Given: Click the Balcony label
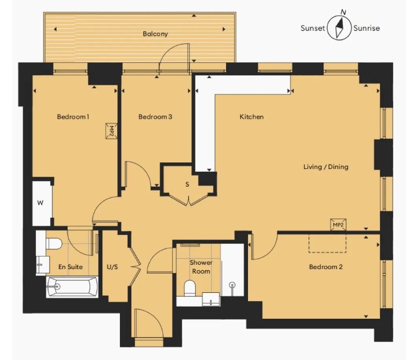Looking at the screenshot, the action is point(155,34).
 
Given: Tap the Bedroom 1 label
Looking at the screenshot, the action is point(73,117).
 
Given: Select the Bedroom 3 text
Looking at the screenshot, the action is point(155,117).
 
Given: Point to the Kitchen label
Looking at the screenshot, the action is point(251,117).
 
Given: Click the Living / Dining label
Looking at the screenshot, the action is point(326,167).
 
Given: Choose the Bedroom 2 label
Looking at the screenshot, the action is point(326,267).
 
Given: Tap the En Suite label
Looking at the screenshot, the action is point(70,267).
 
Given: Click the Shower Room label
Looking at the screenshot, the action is point(201,267).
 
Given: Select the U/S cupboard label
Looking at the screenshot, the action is point(112,267).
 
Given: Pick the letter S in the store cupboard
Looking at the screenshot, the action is point(187,184).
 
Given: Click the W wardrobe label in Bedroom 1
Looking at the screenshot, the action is point(40,203).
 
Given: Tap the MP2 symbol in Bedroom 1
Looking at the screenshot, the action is point(111,131).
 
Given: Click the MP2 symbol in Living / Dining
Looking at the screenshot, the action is point(338,225).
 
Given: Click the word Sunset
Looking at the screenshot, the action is point(313,28).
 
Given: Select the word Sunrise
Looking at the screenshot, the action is point(366,28).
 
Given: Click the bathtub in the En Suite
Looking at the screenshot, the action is point(72,287).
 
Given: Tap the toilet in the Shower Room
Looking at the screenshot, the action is point(190,288).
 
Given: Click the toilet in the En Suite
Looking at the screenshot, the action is point(54,244).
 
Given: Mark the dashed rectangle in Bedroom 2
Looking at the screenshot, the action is point(327,243).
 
